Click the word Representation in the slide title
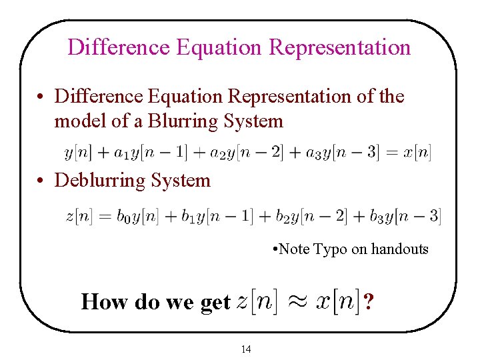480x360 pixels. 340,47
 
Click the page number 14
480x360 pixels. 246,349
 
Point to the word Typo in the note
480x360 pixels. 330,249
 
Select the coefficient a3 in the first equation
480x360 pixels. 312,153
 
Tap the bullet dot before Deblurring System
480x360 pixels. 41,181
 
